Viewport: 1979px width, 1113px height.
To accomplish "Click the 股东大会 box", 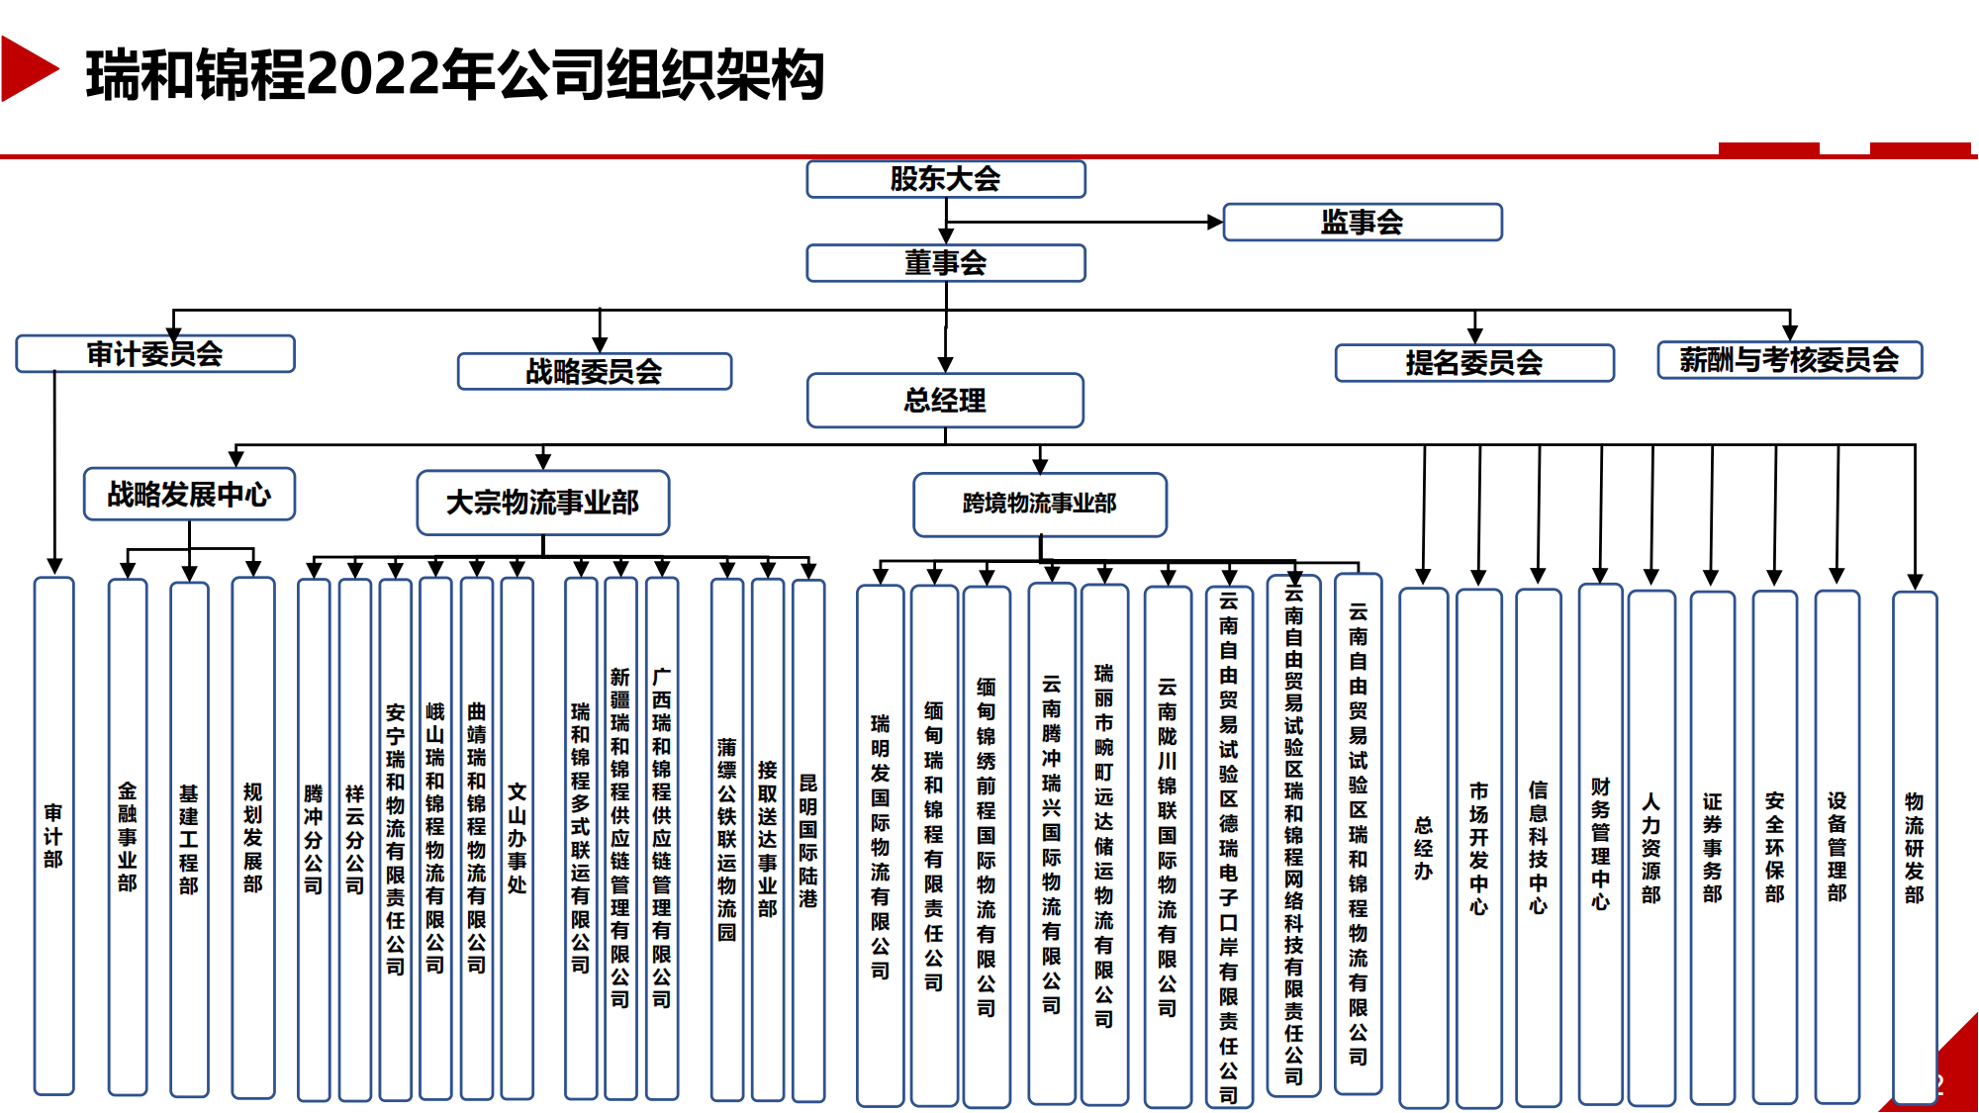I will point(945,179).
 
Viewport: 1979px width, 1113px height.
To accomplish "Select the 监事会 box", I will point(1362,222).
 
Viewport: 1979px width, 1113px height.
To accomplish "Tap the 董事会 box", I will point(945,263).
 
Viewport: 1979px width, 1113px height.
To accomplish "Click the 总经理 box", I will point(945,400).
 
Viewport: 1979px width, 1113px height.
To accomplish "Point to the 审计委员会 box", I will point(154,353).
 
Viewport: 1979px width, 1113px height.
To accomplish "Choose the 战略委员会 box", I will point(594,371).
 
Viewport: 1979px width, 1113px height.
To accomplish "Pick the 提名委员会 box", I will point(1473,362).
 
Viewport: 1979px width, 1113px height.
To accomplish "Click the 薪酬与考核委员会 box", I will point(1789,359).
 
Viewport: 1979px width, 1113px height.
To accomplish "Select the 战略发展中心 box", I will point(189,494).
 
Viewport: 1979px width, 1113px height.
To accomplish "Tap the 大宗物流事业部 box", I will point(542,503).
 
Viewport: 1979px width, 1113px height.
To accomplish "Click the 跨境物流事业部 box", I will point(1039,504).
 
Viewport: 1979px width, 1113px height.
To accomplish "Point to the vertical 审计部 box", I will point(53,836).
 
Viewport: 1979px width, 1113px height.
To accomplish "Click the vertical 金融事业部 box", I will point(128,836).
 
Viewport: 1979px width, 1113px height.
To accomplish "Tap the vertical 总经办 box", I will point(1423,847).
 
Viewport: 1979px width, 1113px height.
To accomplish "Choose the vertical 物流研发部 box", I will point(1914,847).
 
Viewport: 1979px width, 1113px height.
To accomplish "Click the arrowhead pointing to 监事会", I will point(1216,222).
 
